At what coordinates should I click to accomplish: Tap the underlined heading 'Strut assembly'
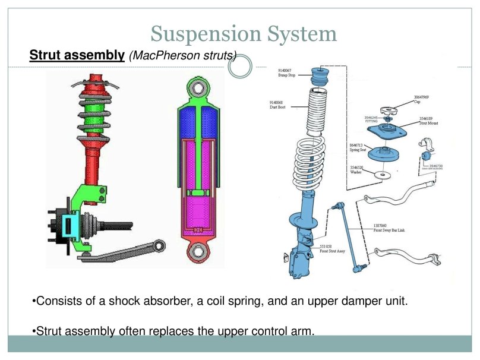click(x=77, y=56)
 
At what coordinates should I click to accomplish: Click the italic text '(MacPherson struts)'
click(x=182, y=56)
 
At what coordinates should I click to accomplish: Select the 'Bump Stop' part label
click(x=288, y=73)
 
